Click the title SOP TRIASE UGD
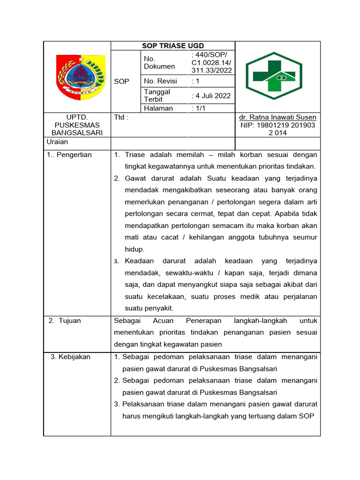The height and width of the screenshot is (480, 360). tap(172, 46)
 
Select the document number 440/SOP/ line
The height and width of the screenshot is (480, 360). tap(212, 55)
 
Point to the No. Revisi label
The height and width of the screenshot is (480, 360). tap(160, 81)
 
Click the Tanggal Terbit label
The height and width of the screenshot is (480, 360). tap(157, 96)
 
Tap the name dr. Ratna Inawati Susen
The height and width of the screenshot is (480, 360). tap(277, 117)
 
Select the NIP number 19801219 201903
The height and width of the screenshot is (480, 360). tap(277, 125)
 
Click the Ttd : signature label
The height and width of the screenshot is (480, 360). tap(121, 117)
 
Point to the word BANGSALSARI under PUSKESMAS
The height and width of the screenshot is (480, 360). tap(77, 133)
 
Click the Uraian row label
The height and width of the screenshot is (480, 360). tap(57, 142)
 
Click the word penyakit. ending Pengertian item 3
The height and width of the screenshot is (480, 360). tap(149, 308)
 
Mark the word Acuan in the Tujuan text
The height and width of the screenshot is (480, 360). tap(163, 321)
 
